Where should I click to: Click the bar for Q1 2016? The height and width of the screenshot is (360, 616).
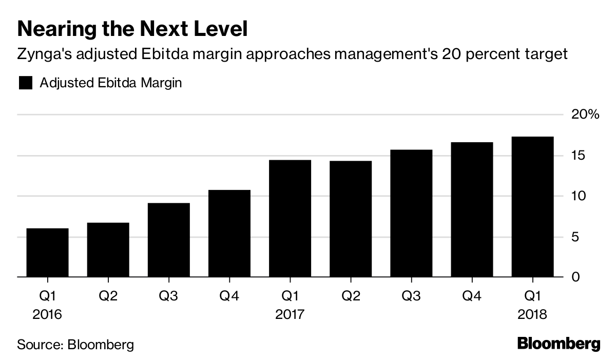click(x=47, y=253)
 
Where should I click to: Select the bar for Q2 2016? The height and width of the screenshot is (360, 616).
click(x=108, y=250)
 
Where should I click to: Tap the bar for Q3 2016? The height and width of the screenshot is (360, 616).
click(x=168, y=240)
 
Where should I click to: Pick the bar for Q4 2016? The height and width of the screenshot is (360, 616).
click(x=229, y=234)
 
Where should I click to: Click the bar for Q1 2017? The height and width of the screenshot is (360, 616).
click(x=290, y=219)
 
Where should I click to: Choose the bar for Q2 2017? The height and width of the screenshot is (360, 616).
click(x=350, y=219)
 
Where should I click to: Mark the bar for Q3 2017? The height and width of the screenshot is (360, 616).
click(x=411, y=214)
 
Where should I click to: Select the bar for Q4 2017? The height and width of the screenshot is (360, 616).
click(x=471, y=210)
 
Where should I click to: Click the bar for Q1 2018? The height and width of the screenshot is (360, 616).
click(x=532, y=207)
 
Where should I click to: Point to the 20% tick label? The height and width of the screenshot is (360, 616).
click(x=585, y=115)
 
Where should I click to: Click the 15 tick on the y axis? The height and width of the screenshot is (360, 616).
click(x=580, y=156)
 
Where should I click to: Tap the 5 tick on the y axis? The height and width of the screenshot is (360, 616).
click(x=576, y=237)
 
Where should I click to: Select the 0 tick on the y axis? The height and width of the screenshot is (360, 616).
click(x=576, y=277)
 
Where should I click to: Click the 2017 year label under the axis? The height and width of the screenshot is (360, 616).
click(x=290, y=314)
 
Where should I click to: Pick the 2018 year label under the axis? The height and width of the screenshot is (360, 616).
click(x=532, y=314)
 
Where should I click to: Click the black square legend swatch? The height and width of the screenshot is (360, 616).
click(x=26, y=83)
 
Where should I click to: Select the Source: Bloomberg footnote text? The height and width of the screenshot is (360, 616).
click(x=75, y=344)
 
